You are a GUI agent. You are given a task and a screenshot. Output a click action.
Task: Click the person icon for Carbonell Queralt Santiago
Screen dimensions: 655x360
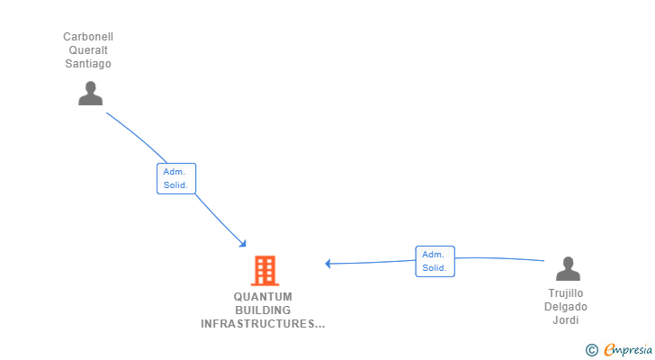coord(90,94)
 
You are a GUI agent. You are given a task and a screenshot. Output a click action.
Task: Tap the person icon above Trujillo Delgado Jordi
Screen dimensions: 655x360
coord(568,269)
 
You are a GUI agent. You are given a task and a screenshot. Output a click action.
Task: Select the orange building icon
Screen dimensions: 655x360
coord(265,270)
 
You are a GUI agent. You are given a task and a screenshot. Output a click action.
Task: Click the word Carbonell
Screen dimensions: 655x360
coord(88,37)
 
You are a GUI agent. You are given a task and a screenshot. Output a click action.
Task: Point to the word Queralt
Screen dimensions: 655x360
coord(88,50)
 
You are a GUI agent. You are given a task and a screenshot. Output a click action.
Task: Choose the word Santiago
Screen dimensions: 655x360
coord(88,64)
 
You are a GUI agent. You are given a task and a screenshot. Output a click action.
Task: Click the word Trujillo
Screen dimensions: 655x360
coord(566,293)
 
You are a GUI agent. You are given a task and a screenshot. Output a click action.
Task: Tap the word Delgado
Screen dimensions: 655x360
coord(566,307)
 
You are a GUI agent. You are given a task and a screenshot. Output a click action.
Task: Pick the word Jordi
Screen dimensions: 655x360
coord(566,320)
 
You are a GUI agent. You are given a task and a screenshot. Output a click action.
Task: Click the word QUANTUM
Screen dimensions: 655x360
coord(263,297)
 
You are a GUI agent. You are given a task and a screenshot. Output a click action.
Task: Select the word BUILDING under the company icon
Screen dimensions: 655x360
coord(263,310)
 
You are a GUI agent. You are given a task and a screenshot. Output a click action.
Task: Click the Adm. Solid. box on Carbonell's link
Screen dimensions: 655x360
coord(175,178)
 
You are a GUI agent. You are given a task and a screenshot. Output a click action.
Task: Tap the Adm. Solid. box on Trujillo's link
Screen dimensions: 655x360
coord(435,261)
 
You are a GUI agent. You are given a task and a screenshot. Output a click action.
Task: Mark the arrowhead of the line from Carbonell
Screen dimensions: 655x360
coord(243,243)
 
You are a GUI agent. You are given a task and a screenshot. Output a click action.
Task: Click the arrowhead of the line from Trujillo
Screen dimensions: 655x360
coord(328,264)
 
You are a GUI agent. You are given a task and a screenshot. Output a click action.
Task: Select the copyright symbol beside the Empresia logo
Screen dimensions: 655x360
coord(591,350)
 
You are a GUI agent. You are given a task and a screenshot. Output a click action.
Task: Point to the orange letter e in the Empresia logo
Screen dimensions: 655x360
coord(609,350)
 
